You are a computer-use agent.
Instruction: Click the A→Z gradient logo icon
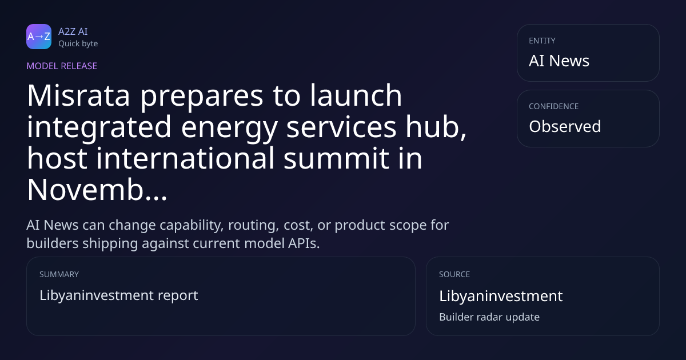pyautogui.click(x=39, y=37)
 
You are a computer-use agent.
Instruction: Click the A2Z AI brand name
pyautogui.click(x=73, y=31)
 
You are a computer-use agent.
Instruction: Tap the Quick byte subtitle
pyautogui.click(x=78, y=44)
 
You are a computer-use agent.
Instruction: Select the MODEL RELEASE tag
pyautogui.click(x=62, y=66)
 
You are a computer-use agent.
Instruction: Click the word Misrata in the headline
pyautogui.click(x=78, y=95)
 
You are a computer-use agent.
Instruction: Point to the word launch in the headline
pyautogui.click(x=356, y=95)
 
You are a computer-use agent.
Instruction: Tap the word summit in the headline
pyautogui.click(x=336, y=158)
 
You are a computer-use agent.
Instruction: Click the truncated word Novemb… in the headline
pyautogui.click(x=97, y=190)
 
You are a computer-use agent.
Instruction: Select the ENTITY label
pyautogui.click(x=542, y=41)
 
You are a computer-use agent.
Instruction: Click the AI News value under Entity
pyautogui.click(x=559, y=61)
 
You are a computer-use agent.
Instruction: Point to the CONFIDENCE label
pyautogui.click(x=554, y=106)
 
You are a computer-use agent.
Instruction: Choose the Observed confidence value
pyautogui.click(x=565, y=126)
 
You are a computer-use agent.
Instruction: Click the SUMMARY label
pyautogui.click(x=59, y=274)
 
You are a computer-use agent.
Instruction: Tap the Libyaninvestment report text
pyautogui.click(x=119, y=296)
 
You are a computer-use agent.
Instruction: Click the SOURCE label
pyautogui.click(x=454, y=274)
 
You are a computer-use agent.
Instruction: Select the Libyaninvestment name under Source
pyautogui.click(x=501, y=297)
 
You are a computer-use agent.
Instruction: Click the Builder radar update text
pyautogui.click(x=489, y=317)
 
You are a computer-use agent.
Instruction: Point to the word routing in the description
pyautogui.click(x=254, y=226)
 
